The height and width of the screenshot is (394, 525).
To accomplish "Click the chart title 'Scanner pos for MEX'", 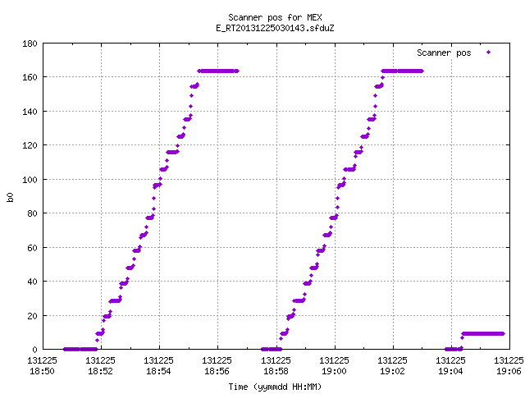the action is pyautogui.click(x=275, y=17).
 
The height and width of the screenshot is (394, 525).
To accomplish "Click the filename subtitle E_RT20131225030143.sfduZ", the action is pyautogui.click(x=275, y=28).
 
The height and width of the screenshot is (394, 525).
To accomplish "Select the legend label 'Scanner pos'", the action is pyautogui.click(x=444, y=53).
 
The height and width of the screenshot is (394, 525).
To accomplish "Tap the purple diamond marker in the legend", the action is pyautogui.click(x=489, y=52).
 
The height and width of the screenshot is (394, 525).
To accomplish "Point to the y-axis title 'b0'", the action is pyautogui.click(x=10, y=197).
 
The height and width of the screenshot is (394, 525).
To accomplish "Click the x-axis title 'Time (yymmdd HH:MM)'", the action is pyautogui.click(x=275, y=387).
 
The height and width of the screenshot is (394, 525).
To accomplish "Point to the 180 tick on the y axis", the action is pyautogui.click(x=30, y=44).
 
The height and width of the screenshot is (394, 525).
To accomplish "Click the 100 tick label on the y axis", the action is pyautogui.click(x=30, y=180).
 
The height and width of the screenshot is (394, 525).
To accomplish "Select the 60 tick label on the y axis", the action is pyautogui.click(x=32, y=248).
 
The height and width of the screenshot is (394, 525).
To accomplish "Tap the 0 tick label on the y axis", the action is pyautogui.click(x=34, y=350).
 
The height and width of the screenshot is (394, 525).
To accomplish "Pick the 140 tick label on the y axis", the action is pyautogui.click(x=30, y=112).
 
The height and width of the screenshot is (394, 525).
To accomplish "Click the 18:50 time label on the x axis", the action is pyautogui.click(x=42, y=371).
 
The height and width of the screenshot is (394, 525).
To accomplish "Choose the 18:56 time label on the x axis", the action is pyautogui.click(x=217, y=371).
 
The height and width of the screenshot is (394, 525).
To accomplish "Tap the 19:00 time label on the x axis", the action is pyautogui.click(x=334, y=371).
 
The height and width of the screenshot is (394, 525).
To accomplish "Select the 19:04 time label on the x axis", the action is pyautogui.click(x=450, y=371).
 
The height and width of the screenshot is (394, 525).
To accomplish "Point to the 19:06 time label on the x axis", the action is pyautogui.click(x=509, y=371).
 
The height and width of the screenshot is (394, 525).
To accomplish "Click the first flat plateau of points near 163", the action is pyautogui.click(x=218, y=71).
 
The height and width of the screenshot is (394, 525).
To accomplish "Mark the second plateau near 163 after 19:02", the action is pyautogui.click(x=402, y=71).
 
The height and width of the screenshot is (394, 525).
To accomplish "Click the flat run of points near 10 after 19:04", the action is pyautogui.click(x=483, y=334).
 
